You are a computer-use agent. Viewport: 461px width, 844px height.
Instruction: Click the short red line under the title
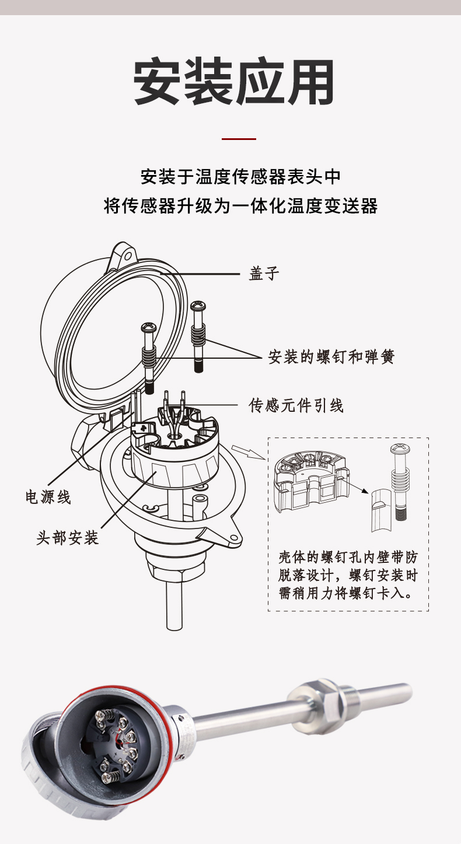(x=239, y=139)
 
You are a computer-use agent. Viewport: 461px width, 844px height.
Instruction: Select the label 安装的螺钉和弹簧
(x=331, y=356)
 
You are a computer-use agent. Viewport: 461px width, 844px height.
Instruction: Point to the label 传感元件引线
(x=296, y=404)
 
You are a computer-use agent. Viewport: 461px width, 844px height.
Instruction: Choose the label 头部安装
(x=68, y=537)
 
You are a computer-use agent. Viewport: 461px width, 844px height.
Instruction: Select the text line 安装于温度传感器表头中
(x=240, y=176)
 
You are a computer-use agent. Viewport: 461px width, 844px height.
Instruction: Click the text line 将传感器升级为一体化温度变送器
(x=240, y=206)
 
